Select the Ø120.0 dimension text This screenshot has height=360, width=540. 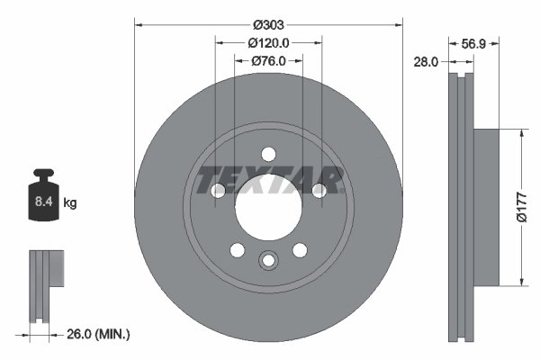(268, 42)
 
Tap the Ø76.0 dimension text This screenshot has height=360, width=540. (268, 60)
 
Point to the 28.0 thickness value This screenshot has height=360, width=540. (426, 61)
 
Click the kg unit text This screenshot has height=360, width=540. (70, 203)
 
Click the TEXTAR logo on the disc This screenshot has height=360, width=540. (269, 180)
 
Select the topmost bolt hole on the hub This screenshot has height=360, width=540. (268, 153)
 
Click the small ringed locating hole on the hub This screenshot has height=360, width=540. (268, 261)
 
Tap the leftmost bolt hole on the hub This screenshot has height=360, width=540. (217, 190)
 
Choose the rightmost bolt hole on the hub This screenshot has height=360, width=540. (319, 190)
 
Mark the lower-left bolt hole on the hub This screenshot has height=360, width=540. (237, 250)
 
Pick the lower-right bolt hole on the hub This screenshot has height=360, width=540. (300, 250)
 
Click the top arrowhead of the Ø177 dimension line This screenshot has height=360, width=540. (520, 132)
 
